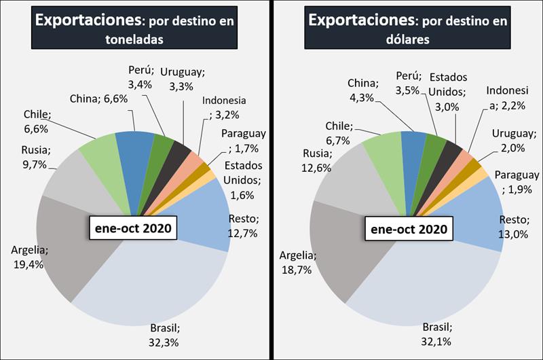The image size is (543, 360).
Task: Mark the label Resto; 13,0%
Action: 515,226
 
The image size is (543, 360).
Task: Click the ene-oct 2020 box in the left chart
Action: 132,228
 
